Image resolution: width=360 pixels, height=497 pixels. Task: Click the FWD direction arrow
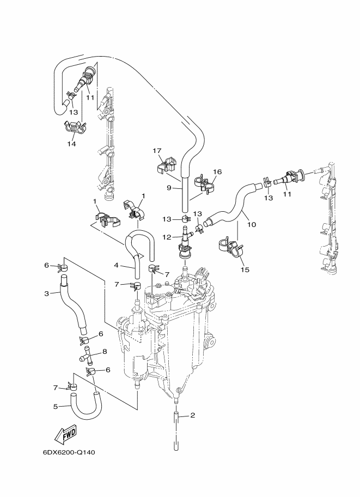(66, 434)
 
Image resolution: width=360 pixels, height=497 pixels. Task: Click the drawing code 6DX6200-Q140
(69, 452)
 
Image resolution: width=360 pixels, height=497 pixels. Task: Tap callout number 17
(157, 151)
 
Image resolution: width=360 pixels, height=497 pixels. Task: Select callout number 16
(217, 172)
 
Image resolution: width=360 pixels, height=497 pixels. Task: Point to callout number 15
(245, 270)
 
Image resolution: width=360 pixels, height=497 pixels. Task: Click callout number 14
(72, 144)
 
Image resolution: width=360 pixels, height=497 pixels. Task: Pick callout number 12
(167, 237)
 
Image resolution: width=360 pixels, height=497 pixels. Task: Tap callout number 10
(252, 225)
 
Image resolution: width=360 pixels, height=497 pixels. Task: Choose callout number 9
(169, 188)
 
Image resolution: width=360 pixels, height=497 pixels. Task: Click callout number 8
(105, 352)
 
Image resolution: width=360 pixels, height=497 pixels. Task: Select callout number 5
(56, 406)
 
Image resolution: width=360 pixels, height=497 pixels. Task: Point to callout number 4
(117, 265)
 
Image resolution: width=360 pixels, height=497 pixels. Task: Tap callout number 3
(47, 293)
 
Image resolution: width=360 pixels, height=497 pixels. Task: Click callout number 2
(193, 415)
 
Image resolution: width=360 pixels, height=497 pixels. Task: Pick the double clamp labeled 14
(75, 127)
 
